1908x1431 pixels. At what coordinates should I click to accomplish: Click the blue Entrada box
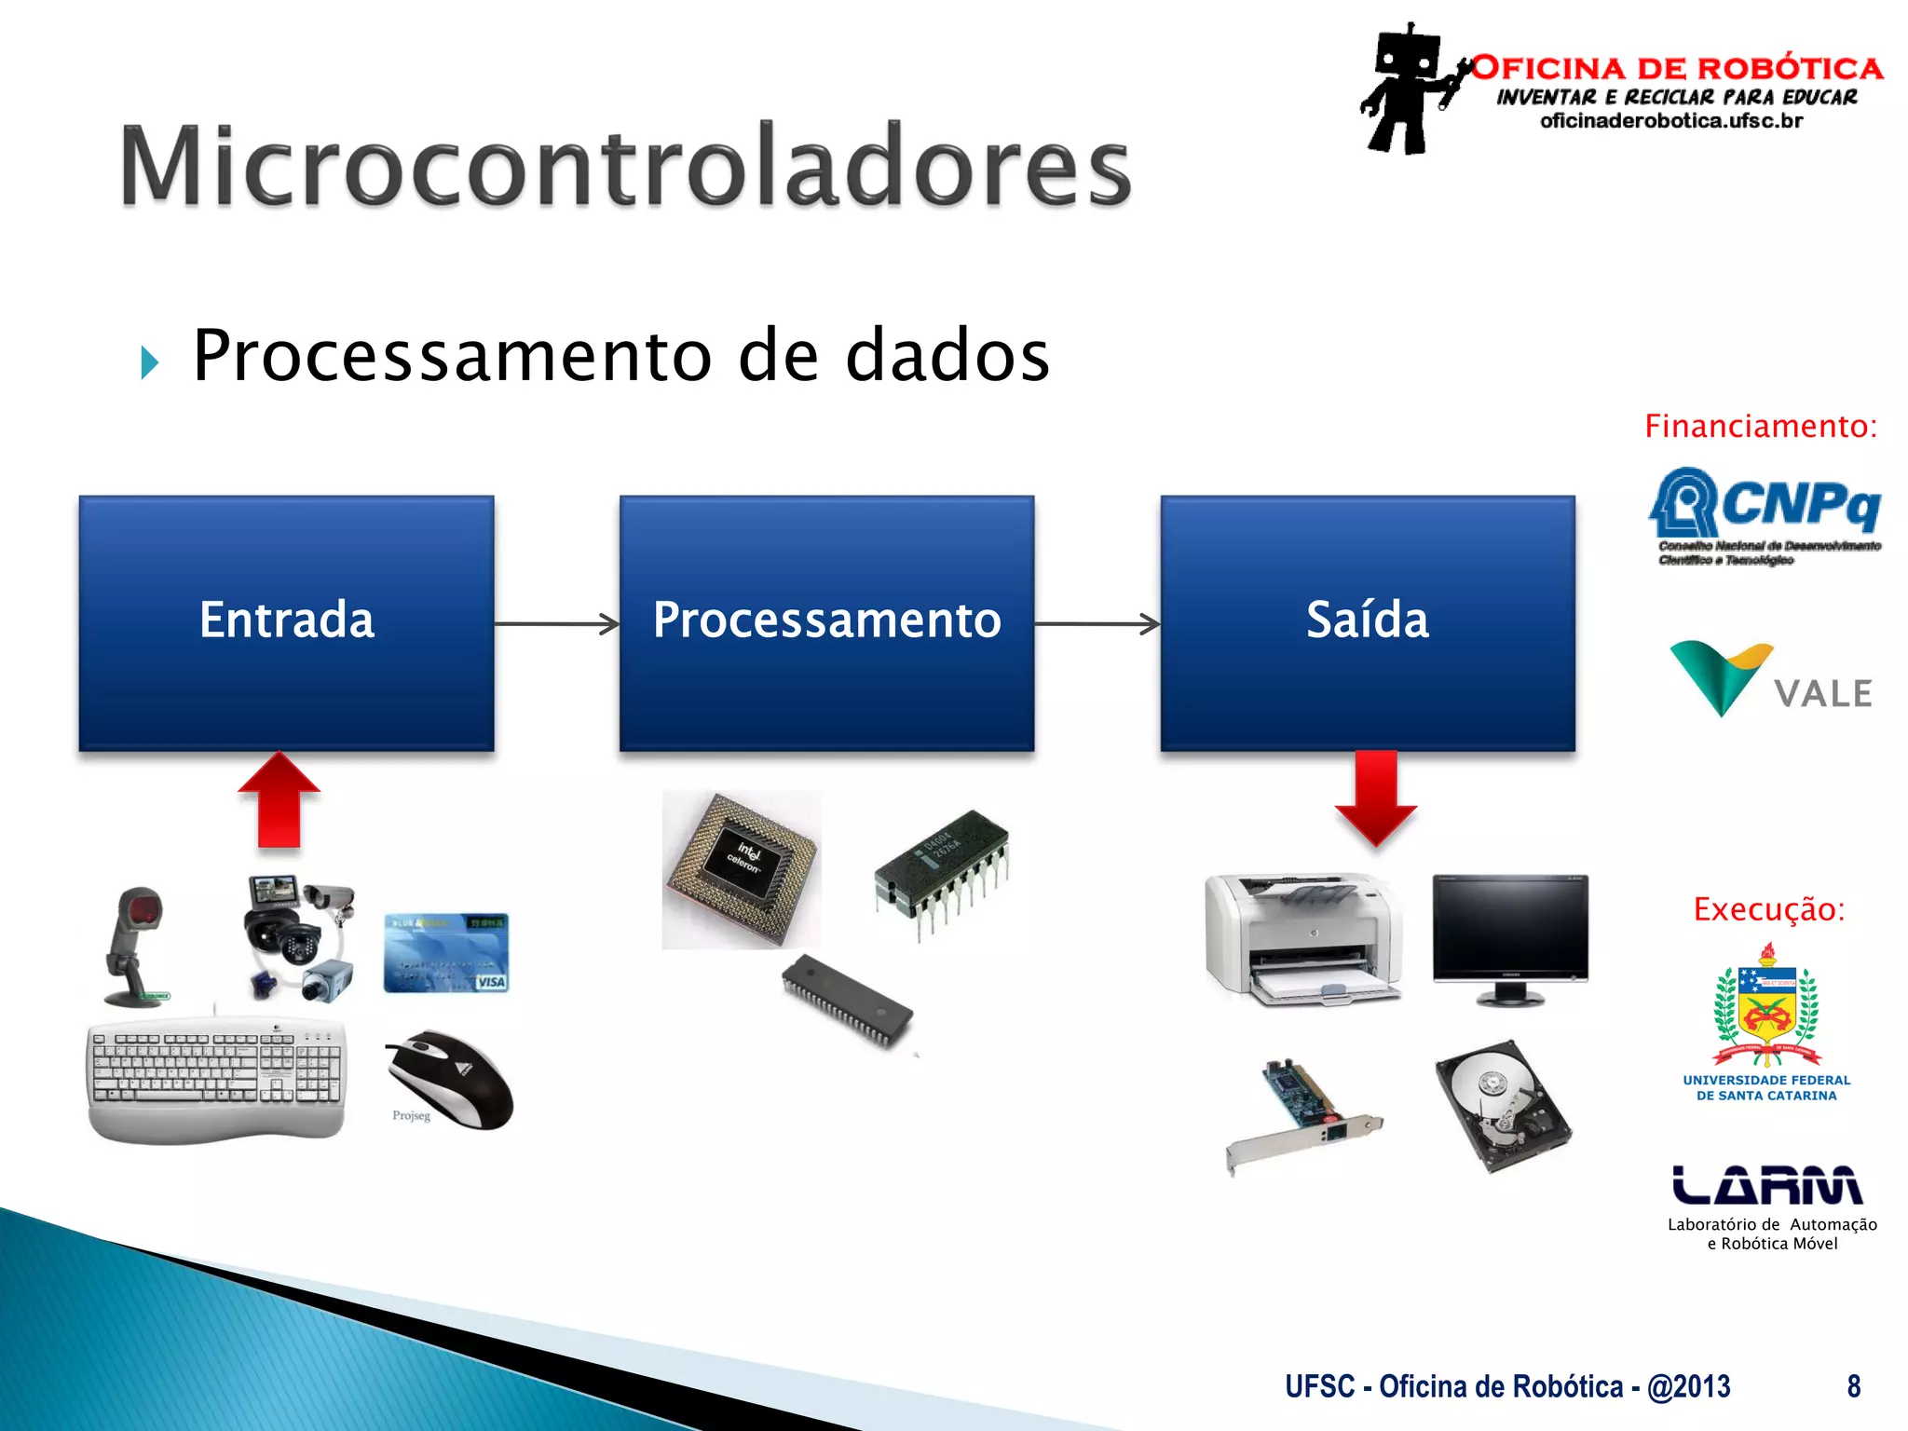point(286,622)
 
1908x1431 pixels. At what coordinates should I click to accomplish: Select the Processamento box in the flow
point(826,622)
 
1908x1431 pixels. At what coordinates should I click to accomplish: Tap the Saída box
point(1367,622)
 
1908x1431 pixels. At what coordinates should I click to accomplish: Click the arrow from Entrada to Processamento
point(556,624)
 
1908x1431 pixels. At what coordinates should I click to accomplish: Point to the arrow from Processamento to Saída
point(1097,624)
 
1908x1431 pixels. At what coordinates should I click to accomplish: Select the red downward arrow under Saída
point(1375,797)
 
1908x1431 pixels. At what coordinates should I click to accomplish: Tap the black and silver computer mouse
point(451,1080)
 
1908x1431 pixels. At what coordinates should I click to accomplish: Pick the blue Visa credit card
point(446,953)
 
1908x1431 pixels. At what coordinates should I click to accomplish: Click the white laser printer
point(1302,939)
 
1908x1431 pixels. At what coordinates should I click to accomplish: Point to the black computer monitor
point(1509,936)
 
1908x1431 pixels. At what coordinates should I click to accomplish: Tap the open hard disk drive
point(1503,1105)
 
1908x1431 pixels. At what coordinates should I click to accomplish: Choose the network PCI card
point(1303,1113)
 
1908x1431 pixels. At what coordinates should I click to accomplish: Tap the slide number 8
point(1853,1386)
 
